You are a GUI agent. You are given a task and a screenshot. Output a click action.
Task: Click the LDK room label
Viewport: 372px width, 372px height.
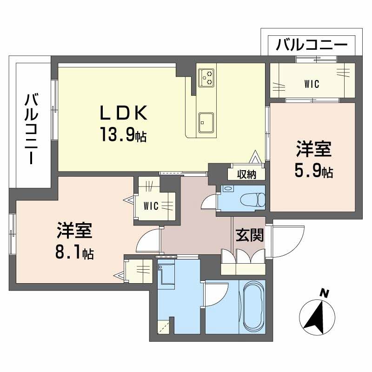click(x=123, y=113)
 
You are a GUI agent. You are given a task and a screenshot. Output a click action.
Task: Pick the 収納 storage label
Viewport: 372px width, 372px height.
click(x=246, y=174)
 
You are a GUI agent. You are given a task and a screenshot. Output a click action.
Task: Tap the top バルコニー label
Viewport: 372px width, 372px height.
click(x=311, y=46)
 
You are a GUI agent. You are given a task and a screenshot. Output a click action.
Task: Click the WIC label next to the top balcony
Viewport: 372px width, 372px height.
click(x=312, y=85)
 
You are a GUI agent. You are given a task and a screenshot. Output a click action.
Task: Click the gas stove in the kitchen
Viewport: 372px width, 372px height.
click(x=206, y=77)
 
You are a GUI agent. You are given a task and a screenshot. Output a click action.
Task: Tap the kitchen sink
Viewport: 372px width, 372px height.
click(x=206, y=122)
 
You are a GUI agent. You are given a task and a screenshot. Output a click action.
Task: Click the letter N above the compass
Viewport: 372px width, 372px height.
click(x=325, y=293)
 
